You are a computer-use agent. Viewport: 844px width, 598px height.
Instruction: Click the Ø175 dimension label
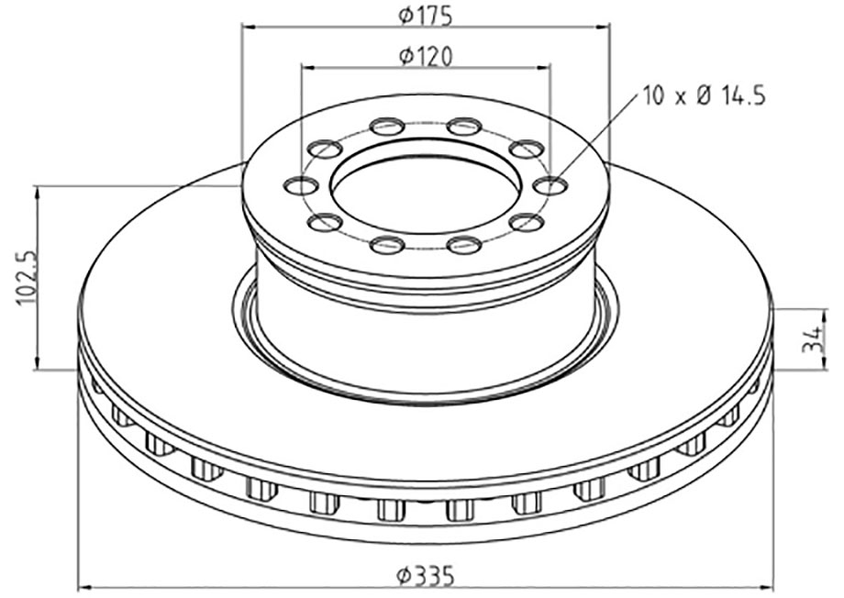coord(426,14)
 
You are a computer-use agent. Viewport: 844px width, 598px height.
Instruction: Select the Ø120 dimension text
coord(426,56)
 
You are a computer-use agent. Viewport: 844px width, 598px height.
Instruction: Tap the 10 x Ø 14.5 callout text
coord(704,94)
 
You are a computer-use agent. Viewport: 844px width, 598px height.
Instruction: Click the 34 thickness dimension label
coord(811,340)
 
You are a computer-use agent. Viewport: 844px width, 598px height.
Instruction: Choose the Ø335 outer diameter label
coord(426,575)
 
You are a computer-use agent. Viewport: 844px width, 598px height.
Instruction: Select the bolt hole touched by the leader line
coord(550,186)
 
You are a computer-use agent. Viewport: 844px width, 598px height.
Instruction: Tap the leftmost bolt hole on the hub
coord(301,186)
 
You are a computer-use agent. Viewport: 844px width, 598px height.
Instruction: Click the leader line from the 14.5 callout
coord(596,138)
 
